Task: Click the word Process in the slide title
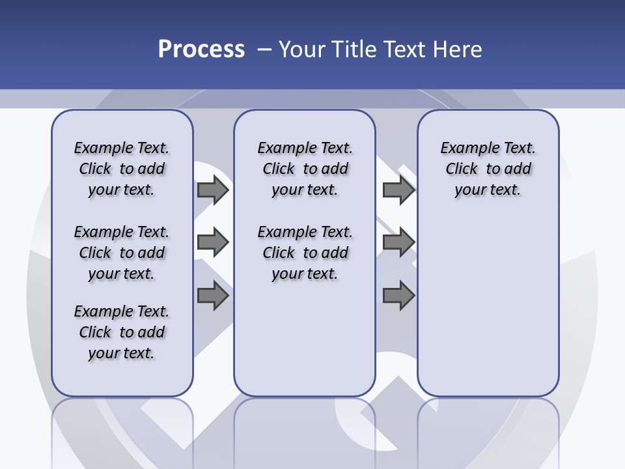point(201,50)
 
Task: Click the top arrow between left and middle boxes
point(213,190)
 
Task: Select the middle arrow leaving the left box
point(213,242)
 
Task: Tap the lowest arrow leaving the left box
point(213,296)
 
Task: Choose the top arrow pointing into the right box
point(398,190)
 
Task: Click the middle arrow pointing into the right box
point(398,242)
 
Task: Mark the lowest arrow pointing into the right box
point(398,296)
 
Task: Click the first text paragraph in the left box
point(122,169)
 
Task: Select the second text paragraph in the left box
point(122,253)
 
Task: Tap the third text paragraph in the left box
point(122,332)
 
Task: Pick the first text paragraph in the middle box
point(305,169)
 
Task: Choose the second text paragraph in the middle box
point(305,253)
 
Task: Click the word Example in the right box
point(464,148)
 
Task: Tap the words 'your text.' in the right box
point(488,190)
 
